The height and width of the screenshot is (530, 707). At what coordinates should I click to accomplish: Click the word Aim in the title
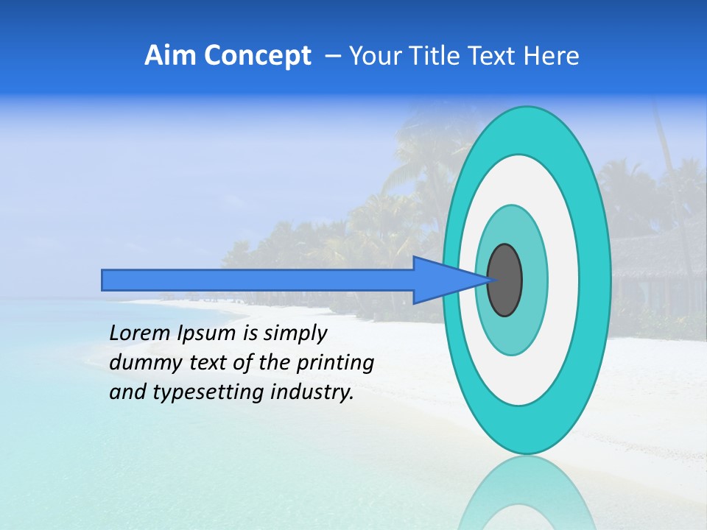(x=171, y=56)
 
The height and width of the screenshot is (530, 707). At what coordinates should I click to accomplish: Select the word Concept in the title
(x=256, y=56)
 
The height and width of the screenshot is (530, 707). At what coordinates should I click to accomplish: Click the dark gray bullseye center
(x=505, y=280)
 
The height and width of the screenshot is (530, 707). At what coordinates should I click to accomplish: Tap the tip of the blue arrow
(x=489, y=280)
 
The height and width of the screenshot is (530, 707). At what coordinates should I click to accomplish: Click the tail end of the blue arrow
(x=104, y=280)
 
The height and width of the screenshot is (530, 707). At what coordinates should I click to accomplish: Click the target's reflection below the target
(x=526, y=493)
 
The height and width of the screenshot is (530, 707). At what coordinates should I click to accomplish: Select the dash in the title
(x=332, y=56)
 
